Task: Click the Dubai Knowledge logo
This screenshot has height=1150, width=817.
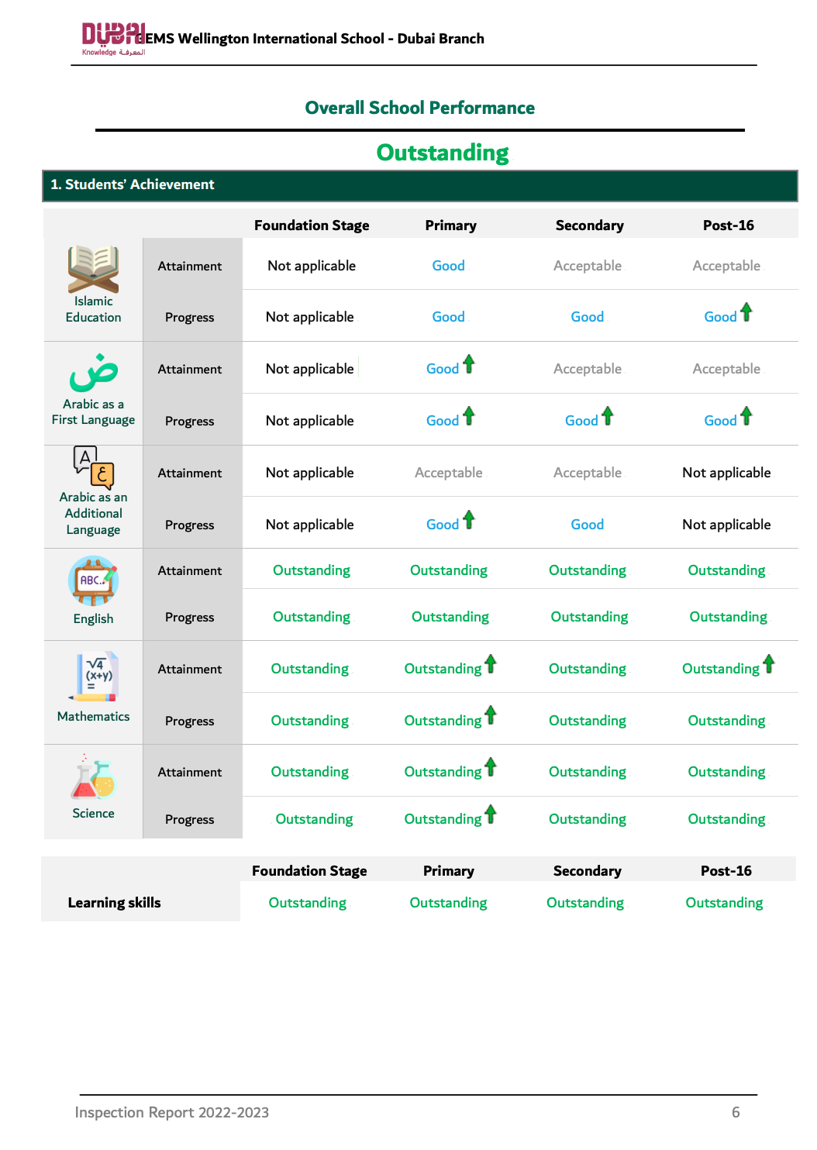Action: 113,39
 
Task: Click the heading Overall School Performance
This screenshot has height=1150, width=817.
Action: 419,108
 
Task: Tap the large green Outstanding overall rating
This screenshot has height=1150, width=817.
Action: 443,153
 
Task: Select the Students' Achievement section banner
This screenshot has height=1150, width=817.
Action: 419,185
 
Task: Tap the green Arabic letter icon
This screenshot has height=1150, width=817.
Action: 93,373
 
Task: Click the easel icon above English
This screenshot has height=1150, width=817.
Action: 93,580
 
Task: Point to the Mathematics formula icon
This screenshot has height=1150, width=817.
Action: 96,677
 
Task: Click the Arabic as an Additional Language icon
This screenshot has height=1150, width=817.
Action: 94,467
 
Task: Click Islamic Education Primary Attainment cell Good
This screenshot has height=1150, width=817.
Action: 448,266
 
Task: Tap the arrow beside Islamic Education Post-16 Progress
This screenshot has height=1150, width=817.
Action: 746,312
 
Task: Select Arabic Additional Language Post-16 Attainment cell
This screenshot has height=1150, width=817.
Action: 726,473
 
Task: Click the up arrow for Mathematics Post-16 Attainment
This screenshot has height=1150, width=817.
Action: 769,664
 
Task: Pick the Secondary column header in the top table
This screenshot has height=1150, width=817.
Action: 589,226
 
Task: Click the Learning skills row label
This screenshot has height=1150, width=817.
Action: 114,903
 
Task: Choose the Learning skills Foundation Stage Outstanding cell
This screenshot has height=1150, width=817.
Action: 308,903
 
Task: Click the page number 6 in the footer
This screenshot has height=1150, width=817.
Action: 736,1113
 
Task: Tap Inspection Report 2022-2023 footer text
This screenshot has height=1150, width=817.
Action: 171,1113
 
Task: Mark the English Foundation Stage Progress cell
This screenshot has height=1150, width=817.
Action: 312,617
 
